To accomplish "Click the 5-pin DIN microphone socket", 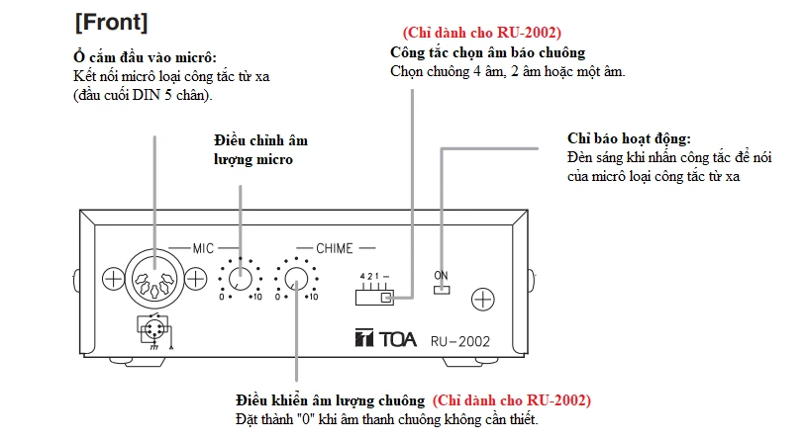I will click(x=155, y=280).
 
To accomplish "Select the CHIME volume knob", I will click(x=295, y=281).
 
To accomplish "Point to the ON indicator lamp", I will click(x=442, y=291).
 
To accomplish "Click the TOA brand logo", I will click(x=382, y=338).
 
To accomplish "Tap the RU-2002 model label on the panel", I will click(x=459, y=339).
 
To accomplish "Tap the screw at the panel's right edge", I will click(x=482, y=298).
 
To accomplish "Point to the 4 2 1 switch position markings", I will click(x=372, y=275).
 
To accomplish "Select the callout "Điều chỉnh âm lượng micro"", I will click(x=252, y=149).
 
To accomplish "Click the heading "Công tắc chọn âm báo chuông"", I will click(x=487, y=51).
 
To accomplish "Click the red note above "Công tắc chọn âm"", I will click(x=481, y=33).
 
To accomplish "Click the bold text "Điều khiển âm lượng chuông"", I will click(x=329, y=400).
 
